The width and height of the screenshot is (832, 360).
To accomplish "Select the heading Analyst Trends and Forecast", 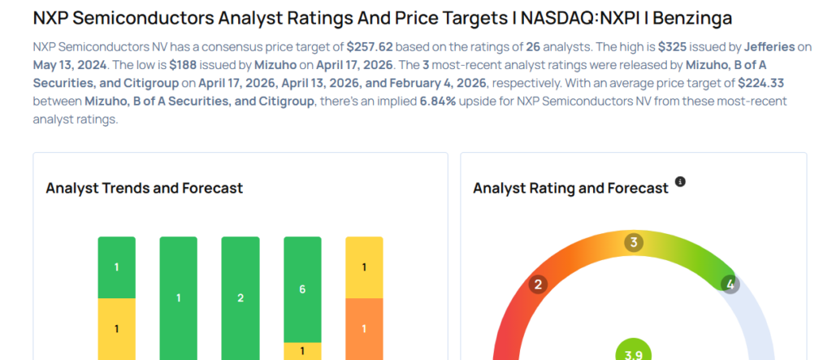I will (x=145, y=188).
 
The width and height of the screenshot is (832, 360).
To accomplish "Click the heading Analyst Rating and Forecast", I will (x=570, y=188).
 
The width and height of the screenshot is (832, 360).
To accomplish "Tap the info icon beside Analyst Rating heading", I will (x=681, y=181).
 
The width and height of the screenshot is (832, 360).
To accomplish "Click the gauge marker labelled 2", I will (x=537, y=284).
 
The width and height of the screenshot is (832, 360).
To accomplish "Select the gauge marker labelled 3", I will (x=634, y=242).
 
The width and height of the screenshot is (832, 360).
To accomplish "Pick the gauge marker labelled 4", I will (x=730, y=284).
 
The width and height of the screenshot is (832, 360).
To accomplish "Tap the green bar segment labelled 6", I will (x=302, y=289).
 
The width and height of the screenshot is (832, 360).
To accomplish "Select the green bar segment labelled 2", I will (x=240, y=298).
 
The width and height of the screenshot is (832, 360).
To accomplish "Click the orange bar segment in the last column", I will (x=364, y=328).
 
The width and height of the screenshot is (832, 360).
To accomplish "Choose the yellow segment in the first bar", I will (x=117, y=328).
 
